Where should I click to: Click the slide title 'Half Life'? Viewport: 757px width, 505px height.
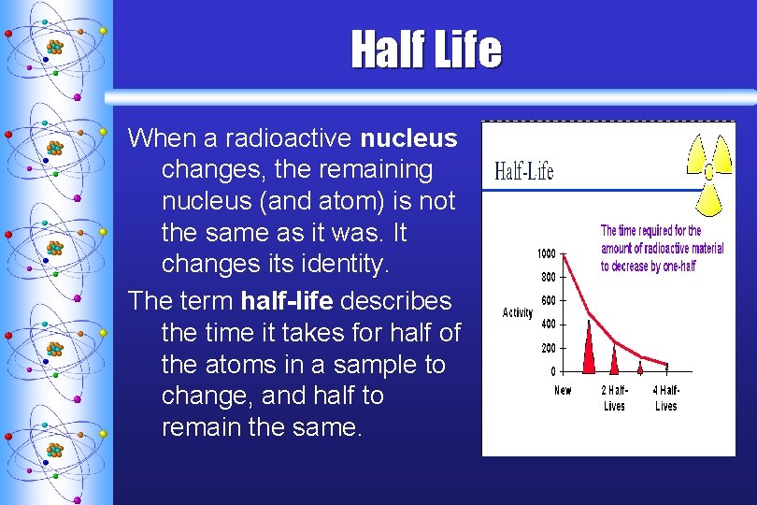426,50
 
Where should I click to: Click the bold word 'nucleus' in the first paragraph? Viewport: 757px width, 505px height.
408,138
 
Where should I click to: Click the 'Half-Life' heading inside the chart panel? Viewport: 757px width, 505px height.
523,171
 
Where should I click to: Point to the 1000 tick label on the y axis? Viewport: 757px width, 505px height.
546,253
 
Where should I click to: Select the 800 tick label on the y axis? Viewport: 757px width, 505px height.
548,277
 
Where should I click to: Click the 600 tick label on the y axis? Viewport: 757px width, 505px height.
548,300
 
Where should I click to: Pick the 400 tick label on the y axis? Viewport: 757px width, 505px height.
548,324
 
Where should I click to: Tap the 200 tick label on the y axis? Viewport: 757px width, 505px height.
548,348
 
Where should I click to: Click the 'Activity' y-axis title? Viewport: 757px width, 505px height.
518,312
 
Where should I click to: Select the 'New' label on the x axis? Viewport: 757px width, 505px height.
563,390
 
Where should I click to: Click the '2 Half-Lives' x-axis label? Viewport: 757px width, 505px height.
614,397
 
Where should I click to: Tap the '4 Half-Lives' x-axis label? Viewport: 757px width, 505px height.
666,397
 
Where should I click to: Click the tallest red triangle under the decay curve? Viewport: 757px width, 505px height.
589,351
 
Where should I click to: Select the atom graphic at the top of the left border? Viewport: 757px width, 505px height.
54,47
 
